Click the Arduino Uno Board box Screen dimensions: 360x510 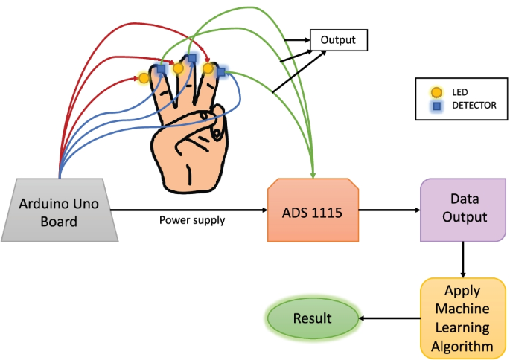[59, 211]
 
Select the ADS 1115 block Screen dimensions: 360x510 [313, 211]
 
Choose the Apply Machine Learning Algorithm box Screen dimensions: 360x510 [463, 318]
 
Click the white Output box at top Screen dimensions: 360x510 [338, 40]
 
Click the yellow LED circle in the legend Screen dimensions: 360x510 [437, 92]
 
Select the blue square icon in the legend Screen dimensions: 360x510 [437, 106]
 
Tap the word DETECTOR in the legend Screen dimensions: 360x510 [474, 106]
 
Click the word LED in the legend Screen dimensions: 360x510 [460, 92]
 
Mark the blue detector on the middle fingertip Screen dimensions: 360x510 [191, 58]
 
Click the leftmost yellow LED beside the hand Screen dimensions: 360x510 [144, 77]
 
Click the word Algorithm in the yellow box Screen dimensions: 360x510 [463, 347]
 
